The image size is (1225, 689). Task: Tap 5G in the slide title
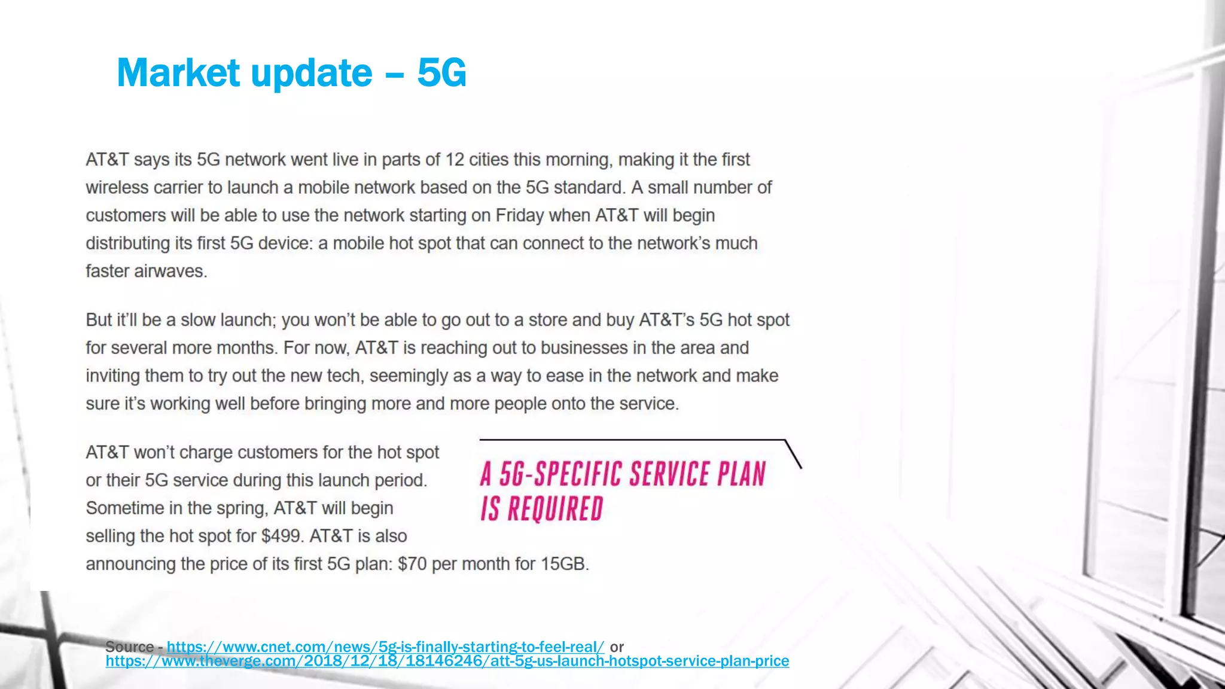pos(441,73)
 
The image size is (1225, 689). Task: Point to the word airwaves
pos(170,271)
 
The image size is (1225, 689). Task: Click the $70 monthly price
pos(412,564)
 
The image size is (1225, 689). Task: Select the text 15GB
pos(565,564)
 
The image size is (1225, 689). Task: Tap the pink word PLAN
pos(742,474)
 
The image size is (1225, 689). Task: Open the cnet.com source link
pos(385,647)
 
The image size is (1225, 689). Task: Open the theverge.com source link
pos(447,661)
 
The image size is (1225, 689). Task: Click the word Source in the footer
pos(129,647)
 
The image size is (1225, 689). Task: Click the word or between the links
pos(617,647)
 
